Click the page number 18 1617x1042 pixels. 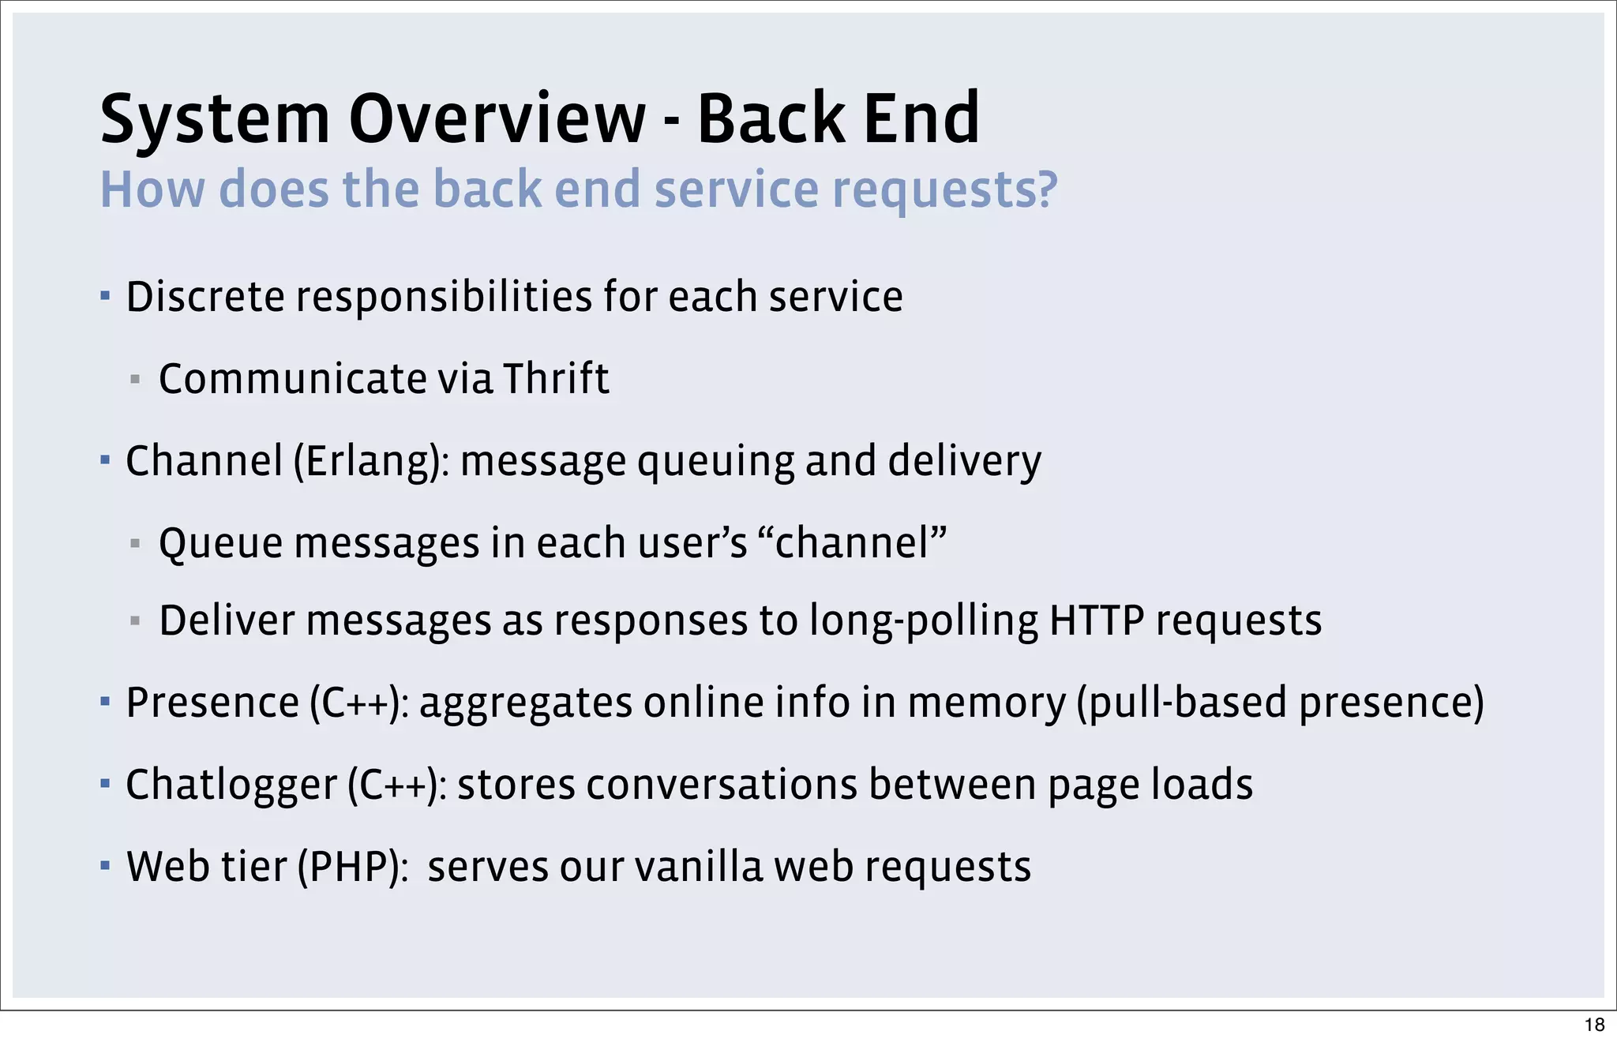click(x=1594, y=1025)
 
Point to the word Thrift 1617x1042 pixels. click(x=556, y=378)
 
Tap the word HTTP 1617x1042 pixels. click(x=1097, y=620)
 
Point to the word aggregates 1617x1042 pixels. click(x=526, y=703)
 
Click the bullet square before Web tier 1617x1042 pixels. click(x=105, y=865)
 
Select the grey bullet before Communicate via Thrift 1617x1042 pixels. click(x=135, y=380)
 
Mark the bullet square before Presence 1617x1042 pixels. click(x=105, y=701)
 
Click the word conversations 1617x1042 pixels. click(x=722, y=785)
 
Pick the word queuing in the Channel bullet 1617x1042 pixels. click(x=715, y=463)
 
